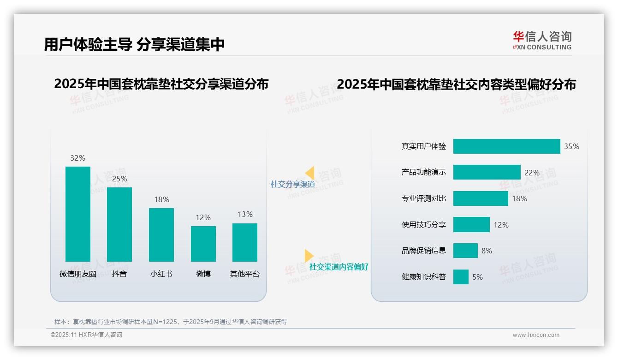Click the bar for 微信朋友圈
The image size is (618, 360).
tap(78, 214)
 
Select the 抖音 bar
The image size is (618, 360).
tap(119, 224)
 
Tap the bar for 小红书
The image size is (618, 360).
tap(161, 235)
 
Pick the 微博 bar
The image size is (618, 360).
tap(203, 244)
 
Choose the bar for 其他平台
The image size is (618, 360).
tap(245, 242)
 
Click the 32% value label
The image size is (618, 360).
tap(78, 158)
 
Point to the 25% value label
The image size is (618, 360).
tap(119, 179)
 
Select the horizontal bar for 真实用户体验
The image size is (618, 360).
tap(506, 146)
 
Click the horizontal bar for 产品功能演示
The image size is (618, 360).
tap(487, 172)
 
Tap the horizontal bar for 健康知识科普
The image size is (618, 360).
tap(461, 277)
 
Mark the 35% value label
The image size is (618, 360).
tap(571, 146)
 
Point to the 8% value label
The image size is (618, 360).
tap(487, 251)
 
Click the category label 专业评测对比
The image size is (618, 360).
tap(424, 198)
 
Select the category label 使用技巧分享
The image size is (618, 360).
tap(424, 225)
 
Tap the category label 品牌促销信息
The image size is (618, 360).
tap(424, 251)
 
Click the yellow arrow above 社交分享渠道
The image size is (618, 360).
tap(310, 173)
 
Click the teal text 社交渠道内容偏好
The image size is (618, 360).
tap(339, 267)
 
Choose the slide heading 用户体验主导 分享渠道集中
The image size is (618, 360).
tap(135, 45)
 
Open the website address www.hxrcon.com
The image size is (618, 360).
tap(536, 335)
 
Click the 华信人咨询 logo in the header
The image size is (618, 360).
tap(542, 40)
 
